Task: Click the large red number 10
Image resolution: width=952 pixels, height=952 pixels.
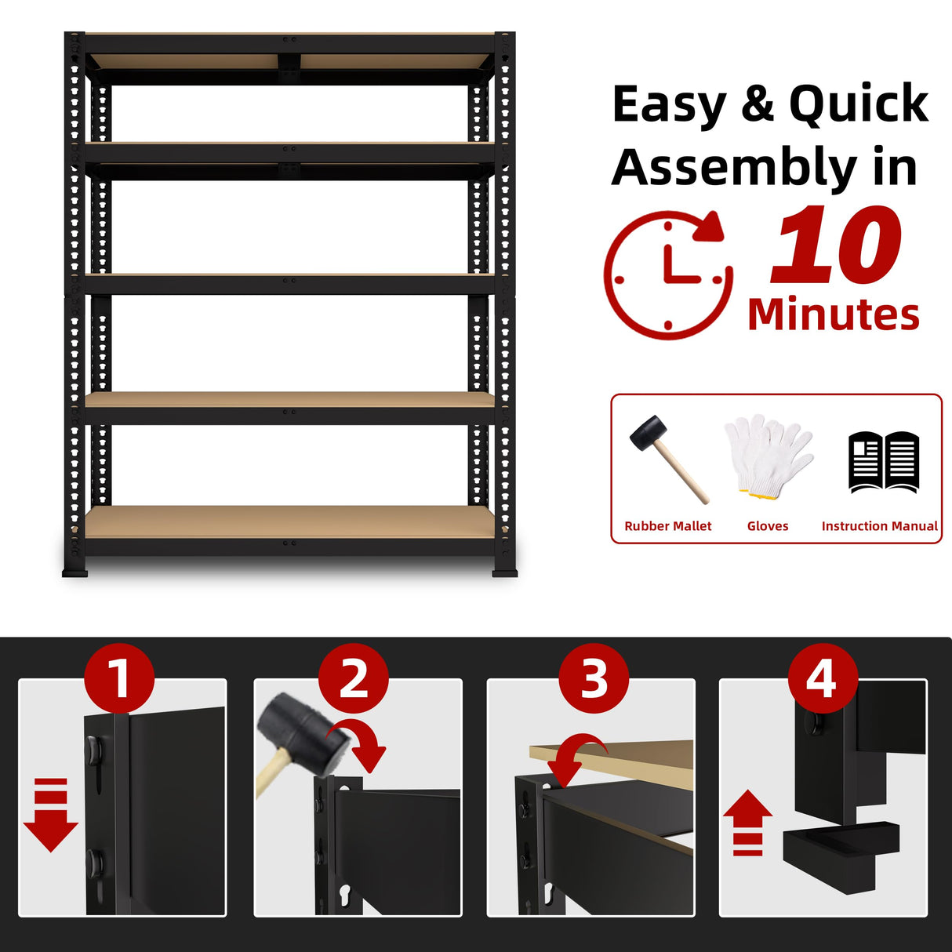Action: pyautogui.click(x=836, y=245)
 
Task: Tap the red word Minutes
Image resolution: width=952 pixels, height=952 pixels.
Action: pyautogui.click(x=833, y=315)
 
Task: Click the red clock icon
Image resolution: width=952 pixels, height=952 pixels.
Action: pyautogui.click(x=668, y=274)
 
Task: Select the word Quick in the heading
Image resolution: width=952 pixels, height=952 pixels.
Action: pyautogui.click(x=858, y=104)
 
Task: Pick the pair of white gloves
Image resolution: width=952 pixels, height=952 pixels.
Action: pyautogui.click(x=767, y=455)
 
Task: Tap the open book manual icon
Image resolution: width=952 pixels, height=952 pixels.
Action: pyautogui.click(x=883, y=461)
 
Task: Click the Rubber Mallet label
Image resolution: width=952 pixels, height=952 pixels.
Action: pyautogui.click(x=667, y=526)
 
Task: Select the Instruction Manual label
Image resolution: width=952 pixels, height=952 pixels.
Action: pyautogui.click(x=879, y=526)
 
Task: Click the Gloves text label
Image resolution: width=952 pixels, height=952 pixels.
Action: pyautogui.click(x=768, y=526)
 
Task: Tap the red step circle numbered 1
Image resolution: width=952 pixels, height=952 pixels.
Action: pyautogui.click(x=119, y=678)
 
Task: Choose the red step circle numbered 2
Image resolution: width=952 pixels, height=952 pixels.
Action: pyautogui.click(x=354, y=678)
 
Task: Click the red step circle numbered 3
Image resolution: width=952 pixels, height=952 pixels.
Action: pyautogui.click(x=594, y=678)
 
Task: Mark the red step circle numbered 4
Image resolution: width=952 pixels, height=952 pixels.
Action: pyautogui.click(x=822, y=678)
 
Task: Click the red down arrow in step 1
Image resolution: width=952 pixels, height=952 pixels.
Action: pyautogui.click(x=51, y=816)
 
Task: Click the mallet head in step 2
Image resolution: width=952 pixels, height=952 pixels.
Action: pyautogui.click(x=301, y=733)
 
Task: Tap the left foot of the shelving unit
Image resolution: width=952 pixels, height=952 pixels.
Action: pyautogui.click(x=75, y=570)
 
